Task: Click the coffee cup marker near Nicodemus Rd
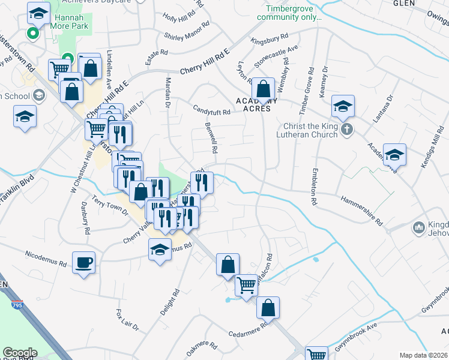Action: click(83, 262)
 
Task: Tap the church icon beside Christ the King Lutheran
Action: click(346, 129)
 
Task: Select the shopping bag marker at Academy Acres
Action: click(263, 89)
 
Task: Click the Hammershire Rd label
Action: click(361, 209)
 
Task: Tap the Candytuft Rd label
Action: click(211, 111)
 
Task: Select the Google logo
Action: click(20, 353)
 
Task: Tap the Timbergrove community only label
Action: click(289, 13)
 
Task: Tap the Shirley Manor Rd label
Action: click(187, 32)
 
